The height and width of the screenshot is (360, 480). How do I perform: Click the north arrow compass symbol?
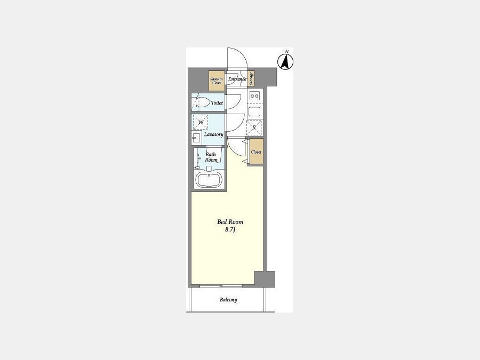[285, 61]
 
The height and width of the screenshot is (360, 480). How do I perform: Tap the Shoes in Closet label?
[217, 81]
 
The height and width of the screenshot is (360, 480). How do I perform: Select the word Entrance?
[237, 79]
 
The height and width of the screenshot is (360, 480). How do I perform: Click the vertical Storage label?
[251, 79]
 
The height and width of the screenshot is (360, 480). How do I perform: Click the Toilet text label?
[217, 103]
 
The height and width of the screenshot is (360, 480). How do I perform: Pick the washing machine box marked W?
[201, 122]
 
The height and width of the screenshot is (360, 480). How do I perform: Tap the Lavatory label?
[214, 134]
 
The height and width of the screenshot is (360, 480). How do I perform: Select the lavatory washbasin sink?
[196, 138]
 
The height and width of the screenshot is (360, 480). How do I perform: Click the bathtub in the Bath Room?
[209, 179]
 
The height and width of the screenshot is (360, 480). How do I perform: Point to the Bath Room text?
[211, 157]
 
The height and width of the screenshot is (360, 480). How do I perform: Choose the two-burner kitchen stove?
[255, 96]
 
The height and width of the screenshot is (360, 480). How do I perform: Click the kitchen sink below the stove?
[254, 112]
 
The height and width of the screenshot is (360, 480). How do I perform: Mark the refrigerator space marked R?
[254, 127]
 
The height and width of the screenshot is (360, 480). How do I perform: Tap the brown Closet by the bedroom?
[256, 152]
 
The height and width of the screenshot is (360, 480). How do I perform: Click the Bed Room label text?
[230, 222]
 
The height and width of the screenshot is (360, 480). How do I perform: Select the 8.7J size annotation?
[230, 230]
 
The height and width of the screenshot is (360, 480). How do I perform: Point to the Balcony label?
[228, 300]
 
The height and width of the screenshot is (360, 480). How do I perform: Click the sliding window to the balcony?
[221, 286]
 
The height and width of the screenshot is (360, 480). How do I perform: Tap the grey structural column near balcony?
[265, 279]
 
